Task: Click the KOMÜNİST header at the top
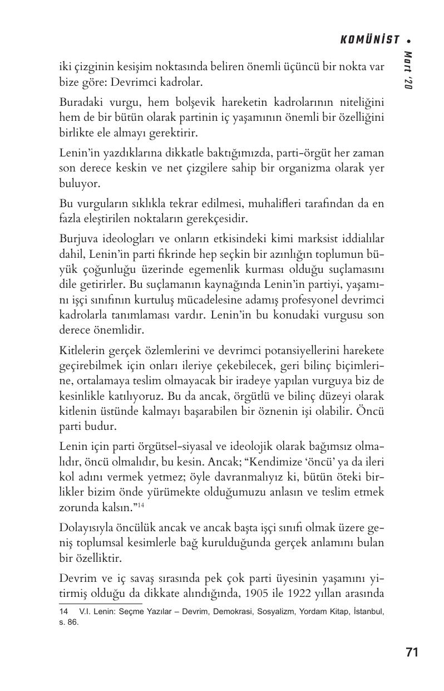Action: pos(369,40)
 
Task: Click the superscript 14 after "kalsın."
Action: pos(141,504)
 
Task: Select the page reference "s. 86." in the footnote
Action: pos(69,622)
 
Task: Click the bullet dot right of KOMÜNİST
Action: pos(410,41)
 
